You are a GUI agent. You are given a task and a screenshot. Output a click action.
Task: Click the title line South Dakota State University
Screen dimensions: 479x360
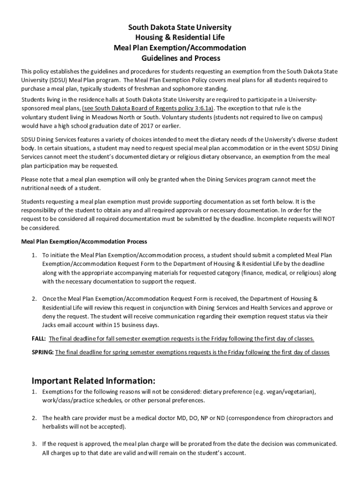coord(180,28)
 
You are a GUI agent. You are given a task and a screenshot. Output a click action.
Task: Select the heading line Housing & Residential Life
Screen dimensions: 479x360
coord(180,38)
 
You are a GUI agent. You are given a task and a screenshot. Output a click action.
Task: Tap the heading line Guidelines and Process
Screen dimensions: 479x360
coord(180,58)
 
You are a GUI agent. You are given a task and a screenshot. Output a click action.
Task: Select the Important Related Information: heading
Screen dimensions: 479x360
coord(93,379)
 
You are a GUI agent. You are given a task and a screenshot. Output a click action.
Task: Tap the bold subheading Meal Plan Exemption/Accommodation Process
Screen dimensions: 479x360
coord(84,242)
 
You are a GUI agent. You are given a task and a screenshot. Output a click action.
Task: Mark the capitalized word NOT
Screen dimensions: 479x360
coord(331,219)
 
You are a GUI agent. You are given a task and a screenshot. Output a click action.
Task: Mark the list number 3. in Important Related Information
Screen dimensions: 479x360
coord(34,444)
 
